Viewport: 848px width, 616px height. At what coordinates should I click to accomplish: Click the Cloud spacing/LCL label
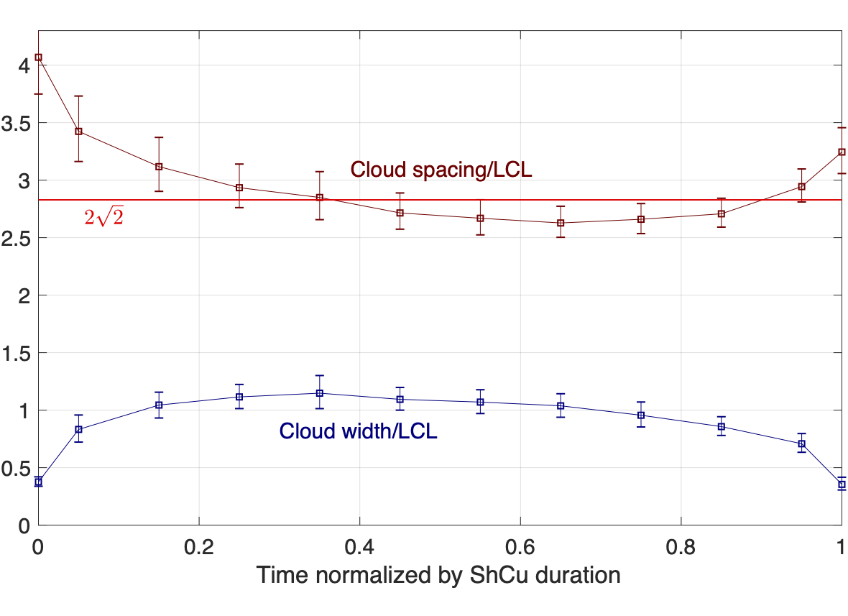441,170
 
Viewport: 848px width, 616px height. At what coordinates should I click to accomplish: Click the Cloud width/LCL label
358,431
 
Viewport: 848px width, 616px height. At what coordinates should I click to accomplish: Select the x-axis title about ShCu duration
438,575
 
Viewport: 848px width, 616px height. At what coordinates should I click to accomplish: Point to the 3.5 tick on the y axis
17,123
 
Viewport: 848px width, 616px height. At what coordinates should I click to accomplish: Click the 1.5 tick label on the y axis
17,353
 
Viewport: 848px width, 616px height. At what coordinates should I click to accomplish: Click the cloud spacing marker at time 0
39,58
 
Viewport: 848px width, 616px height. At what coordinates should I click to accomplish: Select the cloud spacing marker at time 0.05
79,132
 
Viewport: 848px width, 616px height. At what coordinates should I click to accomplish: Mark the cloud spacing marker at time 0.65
561,223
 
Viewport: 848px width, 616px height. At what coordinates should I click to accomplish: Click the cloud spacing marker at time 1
842,152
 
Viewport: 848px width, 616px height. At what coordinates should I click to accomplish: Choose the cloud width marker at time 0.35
320,393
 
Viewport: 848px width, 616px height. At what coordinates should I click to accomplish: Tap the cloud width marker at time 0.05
79,430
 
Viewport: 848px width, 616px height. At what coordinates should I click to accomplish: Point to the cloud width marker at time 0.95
801,443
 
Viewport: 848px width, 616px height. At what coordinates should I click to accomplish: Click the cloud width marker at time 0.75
641,415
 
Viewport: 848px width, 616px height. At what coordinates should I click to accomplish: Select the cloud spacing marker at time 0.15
159,167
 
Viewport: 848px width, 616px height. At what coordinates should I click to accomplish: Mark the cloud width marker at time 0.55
480,402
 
